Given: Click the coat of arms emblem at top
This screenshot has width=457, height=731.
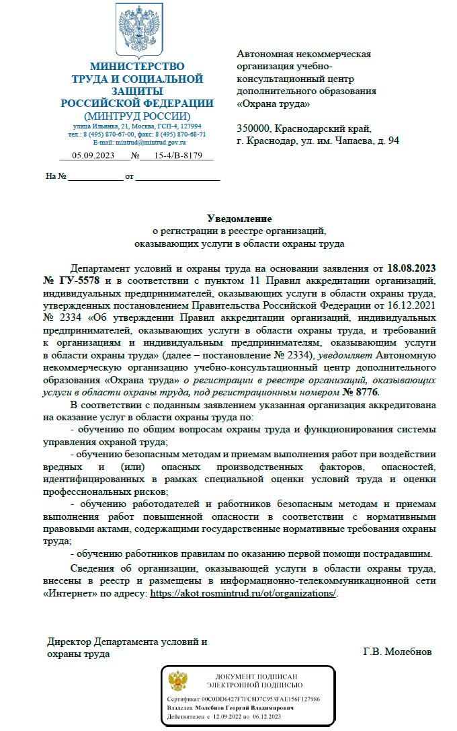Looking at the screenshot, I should tap(137, 30).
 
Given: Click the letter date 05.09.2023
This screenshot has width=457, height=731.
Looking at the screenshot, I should tap(91, 155).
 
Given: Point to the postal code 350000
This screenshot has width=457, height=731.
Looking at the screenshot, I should tap(253, 128).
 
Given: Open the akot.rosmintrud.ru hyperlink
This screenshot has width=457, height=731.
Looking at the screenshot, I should tap(243, 594).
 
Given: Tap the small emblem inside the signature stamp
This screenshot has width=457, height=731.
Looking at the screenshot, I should tap(177, 681).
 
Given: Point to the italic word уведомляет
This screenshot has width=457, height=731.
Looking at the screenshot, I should tap(342, 355).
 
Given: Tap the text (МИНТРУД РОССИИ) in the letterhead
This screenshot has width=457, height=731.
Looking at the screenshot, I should tap(137, 115).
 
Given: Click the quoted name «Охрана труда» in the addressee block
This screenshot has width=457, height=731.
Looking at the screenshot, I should tap(274, 104).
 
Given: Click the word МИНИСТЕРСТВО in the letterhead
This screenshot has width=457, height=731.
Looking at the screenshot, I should tap(137, 67).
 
